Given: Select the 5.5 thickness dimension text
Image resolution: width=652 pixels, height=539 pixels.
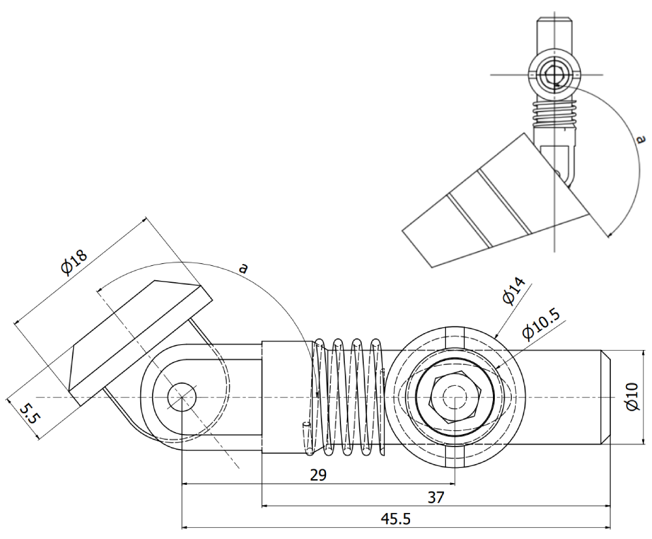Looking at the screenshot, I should pos(28,420).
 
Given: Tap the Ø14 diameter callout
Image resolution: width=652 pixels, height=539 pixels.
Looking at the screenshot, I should pos(515,292).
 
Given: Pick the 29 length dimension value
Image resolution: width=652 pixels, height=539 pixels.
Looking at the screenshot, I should pos(318,474).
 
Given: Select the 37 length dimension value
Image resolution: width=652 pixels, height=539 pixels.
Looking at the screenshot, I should pos(436,497).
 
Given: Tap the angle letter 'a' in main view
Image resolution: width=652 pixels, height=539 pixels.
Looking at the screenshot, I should pos(243,267).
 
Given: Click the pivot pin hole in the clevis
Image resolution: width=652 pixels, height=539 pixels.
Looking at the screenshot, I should pos(182,397).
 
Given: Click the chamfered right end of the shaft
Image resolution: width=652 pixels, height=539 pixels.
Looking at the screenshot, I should pos(606,397).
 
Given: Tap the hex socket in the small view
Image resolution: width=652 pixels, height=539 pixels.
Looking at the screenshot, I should pos(554,73).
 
